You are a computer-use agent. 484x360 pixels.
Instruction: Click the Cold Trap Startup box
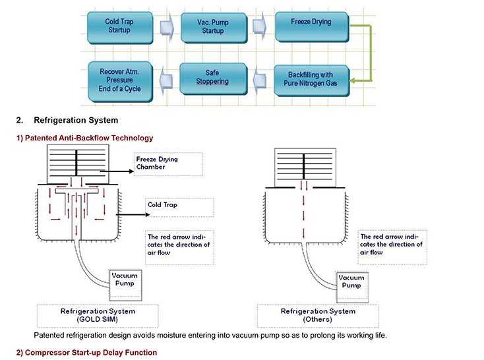[120, 28]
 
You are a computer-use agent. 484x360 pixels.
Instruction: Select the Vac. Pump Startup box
[214, 28]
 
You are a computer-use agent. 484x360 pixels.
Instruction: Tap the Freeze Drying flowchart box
[312, 26]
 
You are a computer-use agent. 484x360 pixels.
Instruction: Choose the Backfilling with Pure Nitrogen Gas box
[312, 80]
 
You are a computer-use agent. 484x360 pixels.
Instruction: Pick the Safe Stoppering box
[213, 78]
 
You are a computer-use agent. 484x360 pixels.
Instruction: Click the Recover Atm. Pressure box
[121, 82]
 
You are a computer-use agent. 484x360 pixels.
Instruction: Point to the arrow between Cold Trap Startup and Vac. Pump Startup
[167, 28]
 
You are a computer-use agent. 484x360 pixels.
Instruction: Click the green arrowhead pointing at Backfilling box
[353, 80]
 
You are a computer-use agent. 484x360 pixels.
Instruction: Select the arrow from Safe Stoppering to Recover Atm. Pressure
[166, 81]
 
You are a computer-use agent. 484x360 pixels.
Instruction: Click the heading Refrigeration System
[76, 120]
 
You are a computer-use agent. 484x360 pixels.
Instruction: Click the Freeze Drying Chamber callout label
[168, 164]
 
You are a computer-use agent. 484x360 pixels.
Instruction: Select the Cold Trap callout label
[179, 207]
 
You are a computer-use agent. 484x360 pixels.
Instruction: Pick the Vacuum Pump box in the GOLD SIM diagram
[126, 285]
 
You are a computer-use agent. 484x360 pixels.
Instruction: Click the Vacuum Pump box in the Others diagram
[352, 287]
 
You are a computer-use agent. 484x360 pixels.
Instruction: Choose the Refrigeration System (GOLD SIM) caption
[98, 316]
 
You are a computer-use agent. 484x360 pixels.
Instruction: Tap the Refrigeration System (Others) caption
[318, 316]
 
